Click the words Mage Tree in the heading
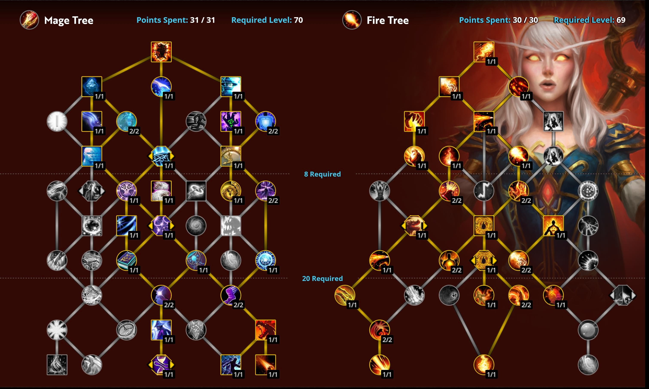click(69, 20)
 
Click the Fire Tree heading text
click(387, 20)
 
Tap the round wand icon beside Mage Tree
click(29, 20)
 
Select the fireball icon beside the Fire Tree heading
click(352, 20)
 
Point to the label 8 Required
click(322, 174)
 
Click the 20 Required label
click(322, 278)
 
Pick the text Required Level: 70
click(267, 20)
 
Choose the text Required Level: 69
click(589, 20)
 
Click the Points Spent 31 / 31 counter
click(176, 20)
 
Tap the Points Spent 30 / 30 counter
click(498, 20)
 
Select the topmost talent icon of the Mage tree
click(161, 52)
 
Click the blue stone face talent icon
click(91, 156)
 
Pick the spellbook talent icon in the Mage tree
click(126, 260)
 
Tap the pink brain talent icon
click(161, 191)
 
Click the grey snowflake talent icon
click(57, 330)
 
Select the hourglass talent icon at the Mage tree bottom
click(161, 364)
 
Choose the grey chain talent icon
click(196, 191)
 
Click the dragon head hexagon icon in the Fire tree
click(414, 226)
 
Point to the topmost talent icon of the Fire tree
click(484, 52)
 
